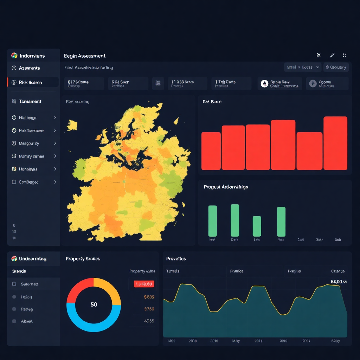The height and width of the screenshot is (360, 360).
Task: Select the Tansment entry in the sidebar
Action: [30, 101]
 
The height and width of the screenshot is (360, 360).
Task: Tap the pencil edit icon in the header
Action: [332, 55]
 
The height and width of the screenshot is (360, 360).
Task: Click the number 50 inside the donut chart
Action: [94, 304]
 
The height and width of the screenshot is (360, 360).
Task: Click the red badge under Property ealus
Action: [144, 284]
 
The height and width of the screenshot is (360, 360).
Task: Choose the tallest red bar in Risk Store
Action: [335, 143]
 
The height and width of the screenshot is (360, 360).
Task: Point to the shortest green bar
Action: [257, 226]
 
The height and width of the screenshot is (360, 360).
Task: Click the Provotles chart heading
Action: [176, 258]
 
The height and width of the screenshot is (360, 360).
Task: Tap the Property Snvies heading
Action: [83, 258]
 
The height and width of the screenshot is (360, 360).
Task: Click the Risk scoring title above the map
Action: [78, 102]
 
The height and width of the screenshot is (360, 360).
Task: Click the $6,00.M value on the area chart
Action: [339, 282]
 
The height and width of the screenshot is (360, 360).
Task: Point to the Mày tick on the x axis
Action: [236, 341]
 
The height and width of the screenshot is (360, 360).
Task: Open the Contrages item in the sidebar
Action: [28, 182]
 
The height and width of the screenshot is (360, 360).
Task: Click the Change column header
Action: [338, 271]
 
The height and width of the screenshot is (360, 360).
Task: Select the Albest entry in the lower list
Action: [27, 321]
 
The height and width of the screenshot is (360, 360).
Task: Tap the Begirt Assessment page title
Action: [85, 56]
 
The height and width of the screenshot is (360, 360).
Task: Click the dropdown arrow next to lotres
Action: [318, 67]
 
